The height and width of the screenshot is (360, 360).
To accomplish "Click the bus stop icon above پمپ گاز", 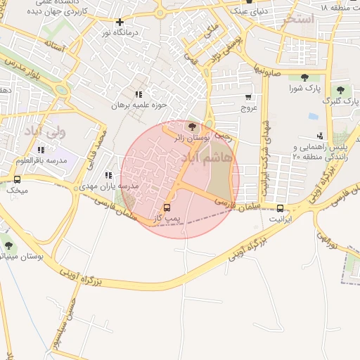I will tap(167, 207).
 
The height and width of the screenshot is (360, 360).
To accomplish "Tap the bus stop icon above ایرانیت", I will tap(281, 207).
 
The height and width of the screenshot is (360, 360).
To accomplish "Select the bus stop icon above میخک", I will tap(18, 179).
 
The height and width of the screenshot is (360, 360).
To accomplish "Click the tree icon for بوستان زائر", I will tap(193, 126).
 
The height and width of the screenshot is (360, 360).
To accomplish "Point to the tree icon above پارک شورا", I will tap(304, 77).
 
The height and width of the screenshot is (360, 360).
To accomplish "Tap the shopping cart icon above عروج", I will tap(248, 97).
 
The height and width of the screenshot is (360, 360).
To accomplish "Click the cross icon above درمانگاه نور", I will tap(120, 22).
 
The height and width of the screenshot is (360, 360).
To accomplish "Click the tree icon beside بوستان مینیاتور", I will tap(8, 245).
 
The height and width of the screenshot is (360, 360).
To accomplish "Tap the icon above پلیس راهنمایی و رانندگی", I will tap(321, 135).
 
